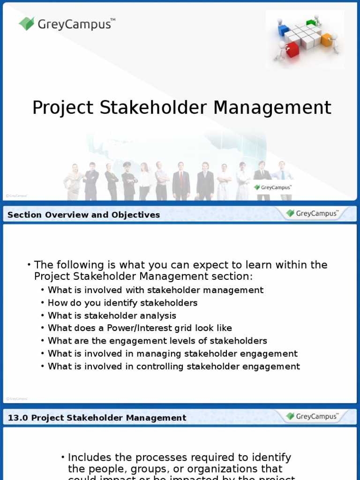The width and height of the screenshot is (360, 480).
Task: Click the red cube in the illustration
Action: pyautogui.click(x=292, y=48)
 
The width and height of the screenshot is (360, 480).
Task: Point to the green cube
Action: pyautogui.click(x=310, y=22)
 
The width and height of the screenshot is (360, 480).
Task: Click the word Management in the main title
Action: pyautogui.click(x=272, y=108)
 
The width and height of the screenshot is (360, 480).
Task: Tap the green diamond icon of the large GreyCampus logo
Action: pyautogui.click(x=27, y=23)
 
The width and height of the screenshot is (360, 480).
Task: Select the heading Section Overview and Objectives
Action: pyautogui.click(x=84, y=215)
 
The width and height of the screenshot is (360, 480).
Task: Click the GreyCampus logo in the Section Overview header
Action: pyautogui.click(x=312, y=214)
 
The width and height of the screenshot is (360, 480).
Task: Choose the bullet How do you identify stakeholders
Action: pyautogui.click(x=122, y=303)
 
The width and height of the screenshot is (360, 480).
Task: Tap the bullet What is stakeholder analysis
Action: pyautogui.click(x=112, y=315)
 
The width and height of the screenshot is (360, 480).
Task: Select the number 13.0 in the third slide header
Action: pyautogui.click(x=17, y=418)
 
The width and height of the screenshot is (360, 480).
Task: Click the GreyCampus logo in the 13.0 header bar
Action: pyautogui.click(x=312, y=416)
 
